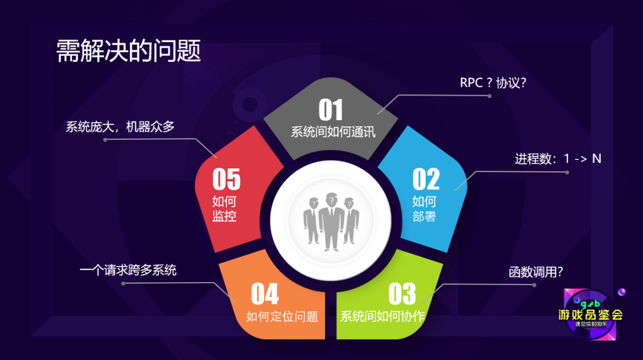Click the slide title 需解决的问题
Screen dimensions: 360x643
click(x=129, y=51)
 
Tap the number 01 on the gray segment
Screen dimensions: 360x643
click(x=331, y=111)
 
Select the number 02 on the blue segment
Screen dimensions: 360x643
click(x=426, y=179)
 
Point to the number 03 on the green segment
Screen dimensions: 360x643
click(x=402, y=294)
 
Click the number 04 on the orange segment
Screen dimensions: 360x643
click(x=264, y=294)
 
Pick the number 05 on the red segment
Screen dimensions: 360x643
click(x=226, y=179)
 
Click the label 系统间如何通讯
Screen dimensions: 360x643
click(x=333, y=132)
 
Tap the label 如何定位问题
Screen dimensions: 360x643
click(x=282, y=317)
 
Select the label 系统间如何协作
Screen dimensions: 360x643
click(x=382, y=317)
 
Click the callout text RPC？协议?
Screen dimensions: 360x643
click(x=494, y=83)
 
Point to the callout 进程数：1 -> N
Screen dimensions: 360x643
click(x=558, y=159)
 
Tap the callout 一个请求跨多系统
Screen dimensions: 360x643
click(x=128, y=270)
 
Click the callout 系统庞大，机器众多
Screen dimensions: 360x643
click(x=120, y=127)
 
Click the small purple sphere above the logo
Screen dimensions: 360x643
click(x=622, y=292)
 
